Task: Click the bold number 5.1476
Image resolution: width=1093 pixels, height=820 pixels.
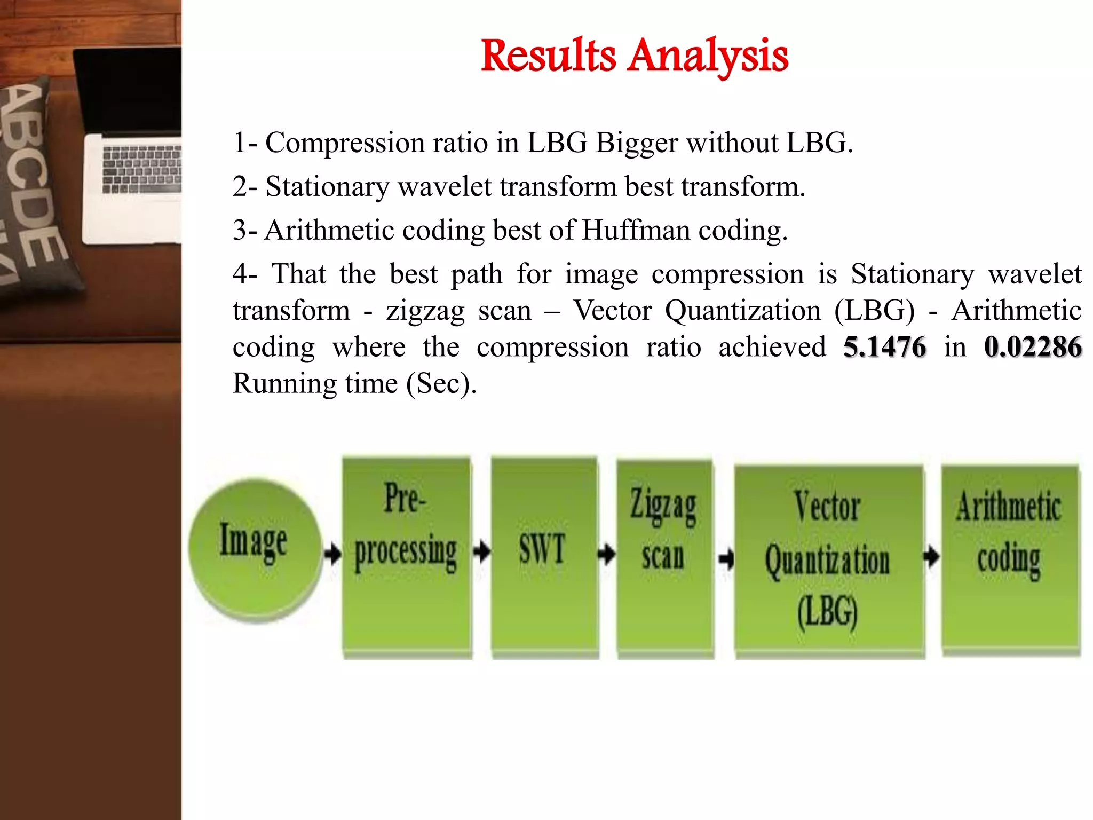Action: pyautogui.click(x=884, y=347)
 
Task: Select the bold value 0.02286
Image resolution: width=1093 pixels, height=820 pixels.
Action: pyautogui.click(x=1033, y=347)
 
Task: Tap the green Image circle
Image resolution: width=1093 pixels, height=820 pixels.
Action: pyautogui.click(x=255, y=550)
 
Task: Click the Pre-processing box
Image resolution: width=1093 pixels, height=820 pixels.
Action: pyautogui.click(x=406, y=555)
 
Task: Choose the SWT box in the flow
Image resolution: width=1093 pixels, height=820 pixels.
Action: pyautogui.click(x=543, y=555)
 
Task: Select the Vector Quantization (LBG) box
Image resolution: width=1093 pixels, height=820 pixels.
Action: pyautogui.click(x=828, y=561)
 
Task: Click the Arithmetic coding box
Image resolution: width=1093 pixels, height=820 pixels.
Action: pyautogui.click(x=1009, y=558)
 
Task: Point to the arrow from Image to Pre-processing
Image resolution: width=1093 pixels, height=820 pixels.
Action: pyautogui.click(x=332, y=553)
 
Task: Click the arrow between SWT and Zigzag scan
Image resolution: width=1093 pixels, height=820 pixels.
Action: pyautogui.click(x=606, y=553)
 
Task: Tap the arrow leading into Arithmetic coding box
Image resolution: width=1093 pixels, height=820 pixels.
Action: pyautogui.click(x=931, y=556)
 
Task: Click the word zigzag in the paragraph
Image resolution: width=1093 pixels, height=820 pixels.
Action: pyautogui.click(x=425, y=311)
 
